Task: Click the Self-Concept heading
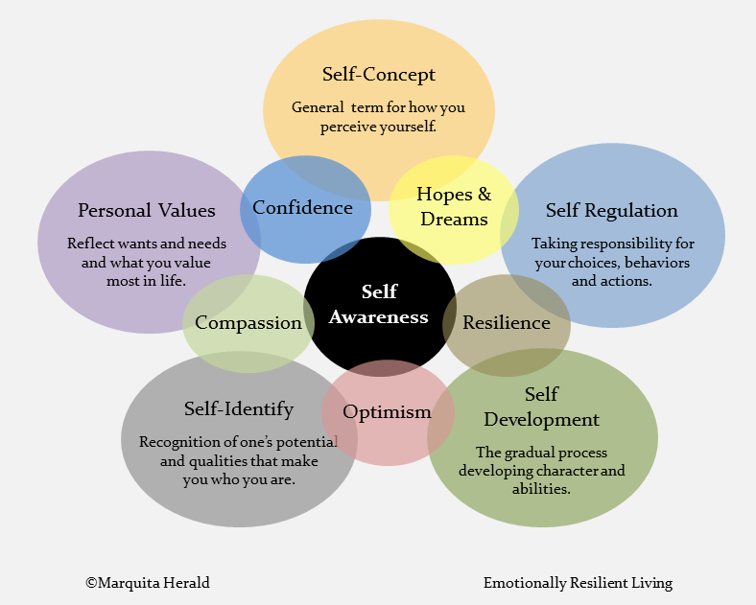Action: coord(378,75)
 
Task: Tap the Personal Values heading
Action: coord(147,210)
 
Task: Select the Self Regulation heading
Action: coord(612,210)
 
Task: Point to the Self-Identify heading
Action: coord(239,409)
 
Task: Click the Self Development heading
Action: coord(541,407)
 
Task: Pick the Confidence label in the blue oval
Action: coord(302,208)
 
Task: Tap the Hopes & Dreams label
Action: coord(454,206)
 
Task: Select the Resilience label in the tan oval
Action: coord(507,323)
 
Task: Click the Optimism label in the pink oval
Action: coord(387,412)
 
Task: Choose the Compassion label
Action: coord(248,323)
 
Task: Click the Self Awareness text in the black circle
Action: coord(379,304)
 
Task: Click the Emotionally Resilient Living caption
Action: coord(578,582)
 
